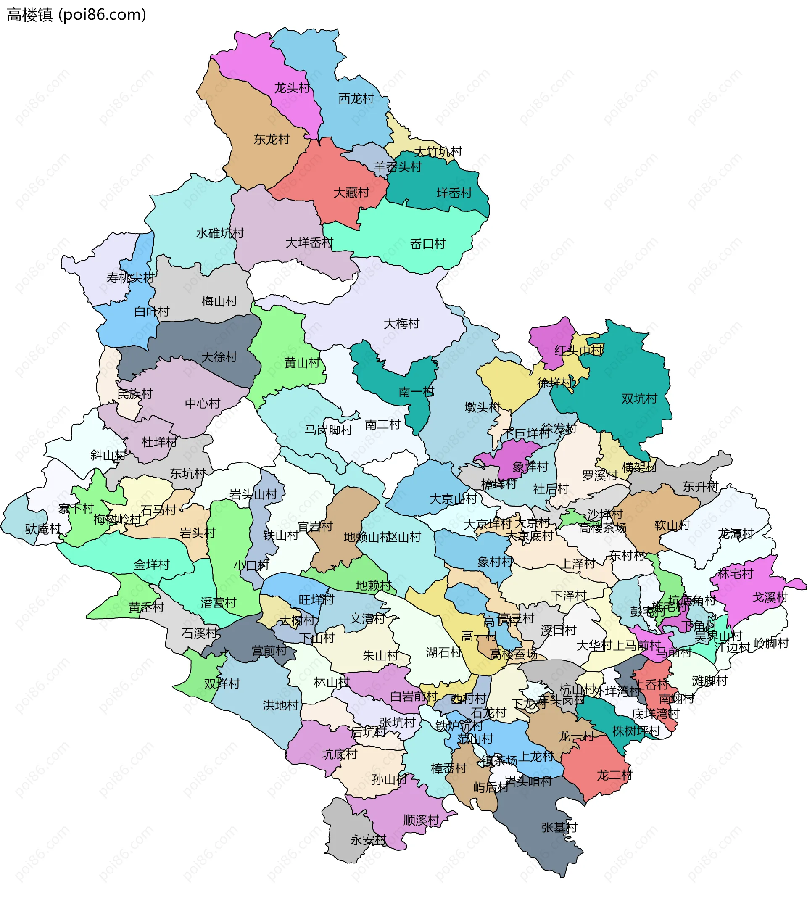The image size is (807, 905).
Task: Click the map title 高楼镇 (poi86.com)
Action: coord(76,15)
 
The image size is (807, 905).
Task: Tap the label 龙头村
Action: coord(292,88)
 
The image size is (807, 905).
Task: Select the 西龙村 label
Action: coord(356,98)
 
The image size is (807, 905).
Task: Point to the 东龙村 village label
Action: coord(272,139)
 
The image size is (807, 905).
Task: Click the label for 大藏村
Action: coord(351,193)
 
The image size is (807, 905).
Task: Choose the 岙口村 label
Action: coord(427,244)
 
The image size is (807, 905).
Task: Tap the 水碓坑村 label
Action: coord(220,233)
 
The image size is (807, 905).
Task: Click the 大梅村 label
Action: coord(401,323)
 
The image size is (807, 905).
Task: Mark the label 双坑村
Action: coord(639,398)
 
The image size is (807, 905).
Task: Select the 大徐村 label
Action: coord(219,357)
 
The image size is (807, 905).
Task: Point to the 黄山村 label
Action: coord(302,363)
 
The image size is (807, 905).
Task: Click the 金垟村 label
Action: coord(152,565)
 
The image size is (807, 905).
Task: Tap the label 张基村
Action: coord(559,827)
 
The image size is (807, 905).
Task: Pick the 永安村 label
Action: coord(369,840)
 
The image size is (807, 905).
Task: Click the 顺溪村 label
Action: coord(421,820)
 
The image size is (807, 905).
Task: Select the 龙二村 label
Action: coord(614,775)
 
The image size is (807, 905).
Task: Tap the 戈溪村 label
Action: coord(770,597)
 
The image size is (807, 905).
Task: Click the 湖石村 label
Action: coord(444,652)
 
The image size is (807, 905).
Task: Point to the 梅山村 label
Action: coord(219,301)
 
